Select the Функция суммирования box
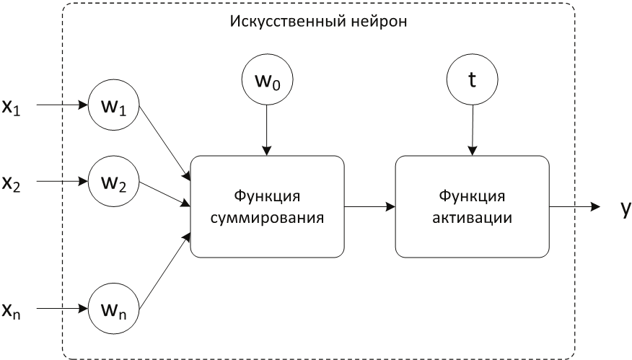coord(267,207)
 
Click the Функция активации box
coord(473,207)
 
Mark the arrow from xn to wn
coord(61,310)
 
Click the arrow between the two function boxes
coord(370,207)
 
